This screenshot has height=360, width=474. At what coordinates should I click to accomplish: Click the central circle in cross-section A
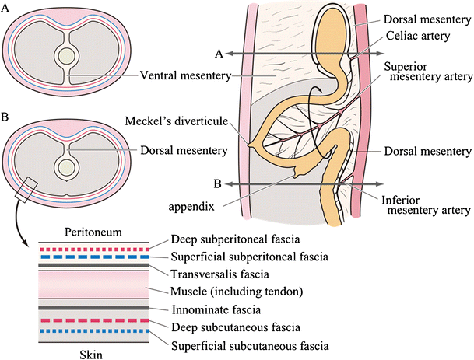(x=67, y=57)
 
